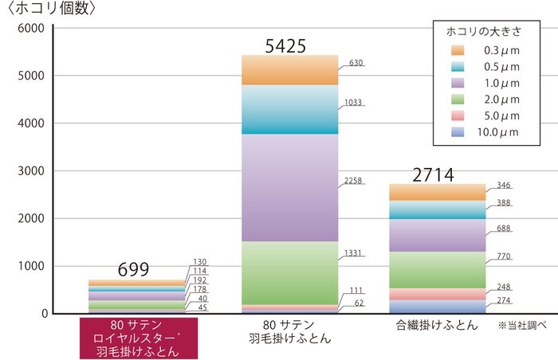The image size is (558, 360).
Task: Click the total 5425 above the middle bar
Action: coord(285,46)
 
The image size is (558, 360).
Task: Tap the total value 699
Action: coord(133,270)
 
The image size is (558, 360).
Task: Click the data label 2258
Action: coord(353,181)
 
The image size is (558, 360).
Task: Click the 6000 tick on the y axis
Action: coord(31,29)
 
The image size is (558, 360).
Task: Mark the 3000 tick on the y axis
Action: coord(31,171)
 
